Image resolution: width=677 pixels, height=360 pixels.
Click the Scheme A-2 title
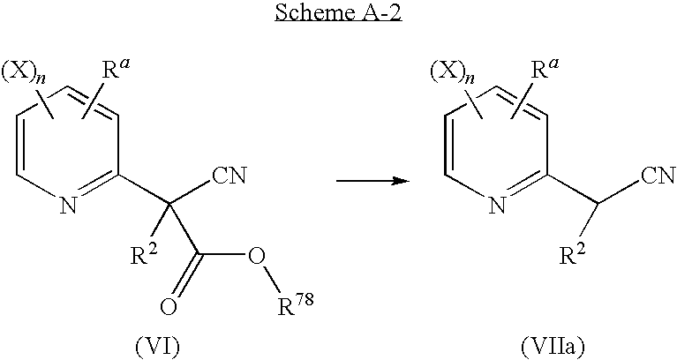coord(338,15)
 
